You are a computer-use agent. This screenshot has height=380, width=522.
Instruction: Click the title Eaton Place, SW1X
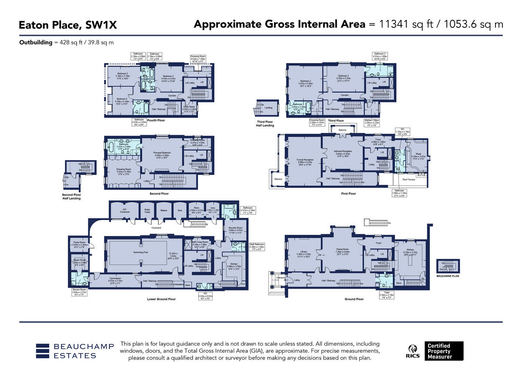pyautogui.click(x=68, y=25)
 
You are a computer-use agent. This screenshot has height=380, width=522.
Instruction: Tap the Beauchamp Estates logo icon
pyautogui.click(x=43, y=351)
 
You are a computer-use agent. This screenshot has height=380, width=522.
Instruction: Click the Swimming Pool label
pyautogui.click(x=129, y=252)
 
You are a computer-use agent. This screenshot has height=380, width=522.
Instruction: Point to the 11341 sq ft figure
pyautogui.click(x=403, y=24)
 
